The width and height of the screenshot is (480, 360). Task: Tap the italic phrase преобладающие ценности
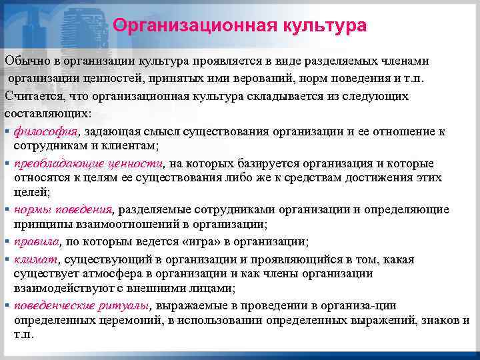coord(88,163)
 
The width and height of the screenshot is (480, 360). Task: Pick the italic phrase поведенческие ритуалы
coord(81,305)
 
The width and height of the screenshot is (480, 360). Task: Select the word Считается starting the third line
coord(32,96)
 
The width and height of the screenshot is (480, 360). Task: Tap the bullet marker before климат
coord(7,259)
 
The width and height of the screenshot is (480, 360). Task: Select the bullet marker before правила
coord(7,242)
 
